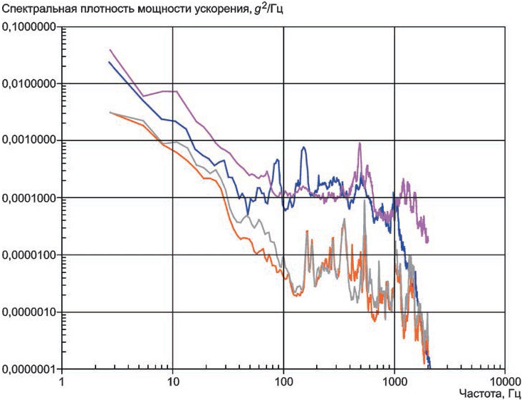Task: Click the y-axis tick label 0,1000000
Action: (28, 26)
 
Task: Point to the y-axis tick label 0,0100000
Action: (28, 83)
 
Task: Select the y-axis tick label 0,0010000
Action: (28, 140)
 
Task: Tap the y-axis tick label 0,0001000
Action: (28, 198)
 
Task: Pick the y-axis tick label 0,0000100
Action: (28, 255)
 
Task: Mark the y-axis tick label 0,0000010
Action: (28, 312)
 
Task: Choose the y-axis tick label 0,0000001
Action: (28, 369)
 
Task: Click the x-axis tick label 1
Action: (61, 380)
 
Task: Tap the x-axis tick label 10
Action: (172, 380)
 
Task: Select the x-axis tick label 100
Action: (283, 380)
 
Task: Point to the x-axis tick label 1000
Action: (394, 380)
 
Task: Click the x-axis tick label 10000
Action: (505, 380)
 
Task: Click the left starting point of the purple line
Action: (110, 50)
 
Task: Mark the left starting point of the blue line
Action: (109, 62)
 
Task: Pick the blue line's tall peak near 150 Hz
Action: (303, 148)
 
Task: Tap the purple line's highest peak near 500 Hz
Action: (360, 143)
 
